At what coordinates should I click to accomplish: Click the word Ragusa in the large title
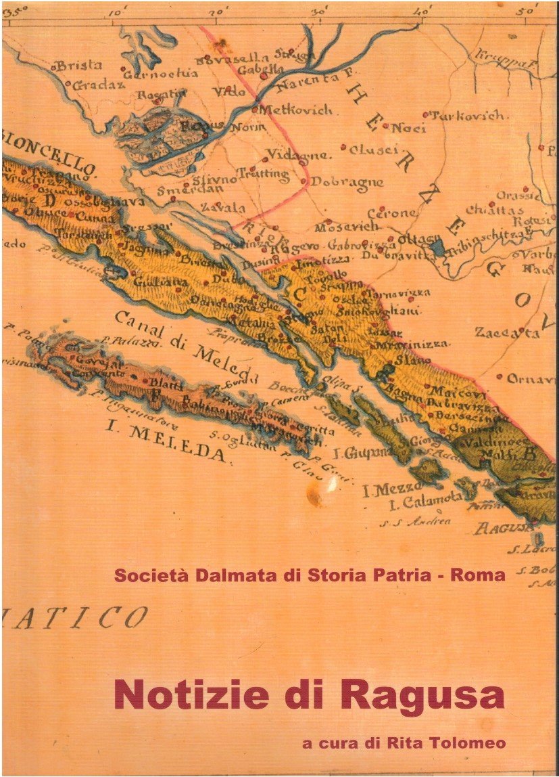pos(422,694)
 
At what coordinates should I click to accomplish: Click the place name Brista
pos(78,66)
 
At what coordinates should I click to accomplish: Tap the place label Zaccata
pos(506,333)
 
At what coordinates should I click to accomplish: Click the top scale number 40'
pos(425,11)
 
